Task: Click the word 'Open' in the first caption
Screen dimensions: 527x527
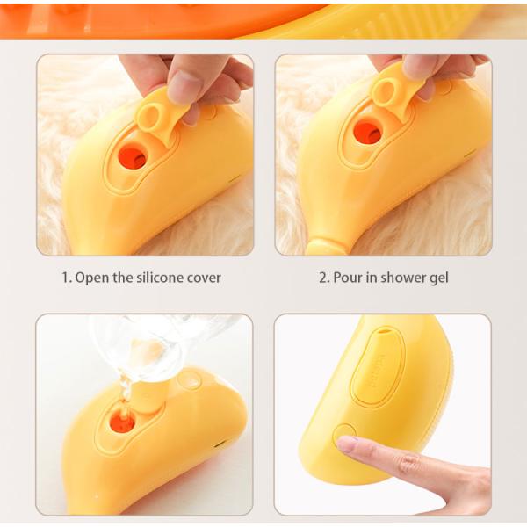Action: point(92,278)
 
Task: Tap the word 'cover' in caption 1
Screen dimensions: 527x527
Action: point(201,278)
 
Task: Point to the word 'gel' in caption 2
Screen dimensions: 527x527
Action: point(437,278)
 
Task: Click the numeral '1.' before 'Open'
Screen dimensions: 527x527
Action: point(66,278)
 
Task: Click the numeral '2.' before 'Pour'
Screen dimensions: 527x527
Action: point(323,278)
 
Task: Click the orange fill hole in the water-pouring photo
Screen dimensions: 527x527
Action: point(123,423)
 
